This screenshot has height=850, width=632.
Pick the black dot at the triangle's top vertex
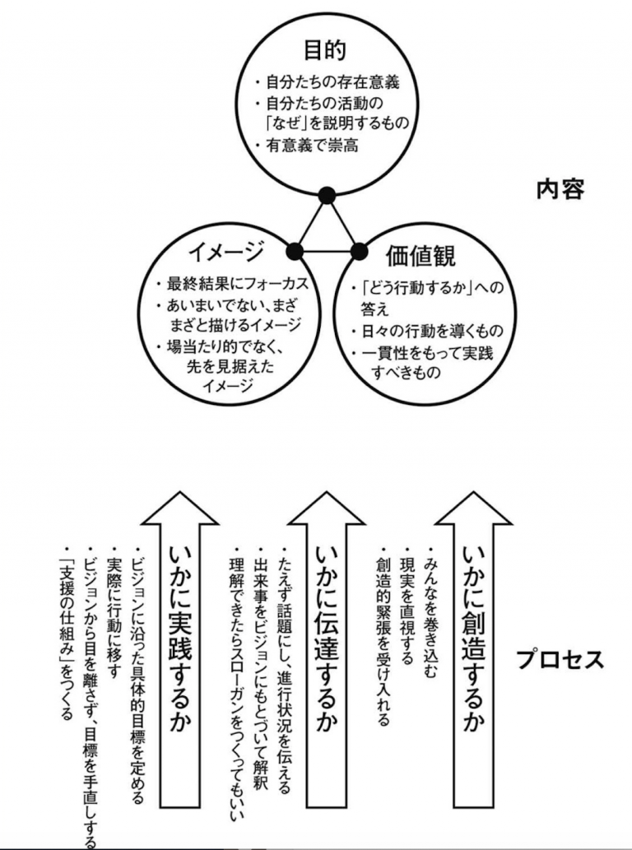click(327, 195)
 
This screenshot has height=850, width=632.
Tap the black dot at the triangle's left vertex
click(293, 249)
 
